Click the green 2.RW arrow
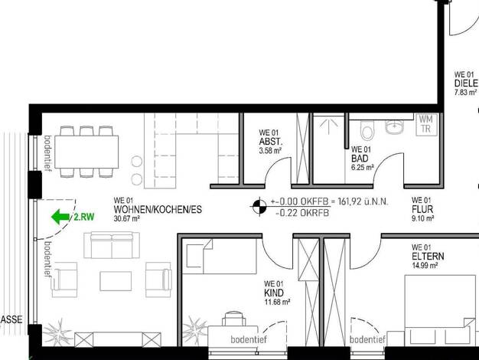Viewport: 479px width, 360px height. click(60, 217)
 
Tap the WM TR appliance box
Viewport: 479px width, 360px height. click(426, 124)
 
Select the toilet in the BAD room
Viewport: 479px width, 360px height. click(367, 130)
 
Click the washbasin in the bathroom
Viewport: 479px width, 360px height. click(394, 126)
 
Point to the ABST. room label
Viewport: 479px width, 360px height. click(271, 142)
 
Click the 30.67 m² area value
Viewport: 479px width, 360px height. click(127, 219)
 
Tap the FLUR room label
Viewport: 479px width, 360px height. click(422, 209)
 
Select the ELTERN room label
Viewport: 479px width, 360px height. click(428, 257)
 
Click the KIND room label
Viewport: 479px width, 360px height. click(274, 293)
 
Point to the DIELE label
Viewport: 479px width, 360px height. click(466, 83)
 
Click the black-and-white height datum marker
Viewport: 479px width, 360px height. click(259, 207)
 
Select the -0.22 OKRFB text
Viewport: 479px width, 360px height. click(302, 213)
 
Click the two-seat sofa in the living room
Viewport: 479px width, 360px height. click(112, 245)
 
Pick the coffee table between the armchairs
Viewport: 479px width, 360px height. click(116, 281)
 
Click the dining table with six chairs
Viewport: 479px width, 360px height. click(86, 152)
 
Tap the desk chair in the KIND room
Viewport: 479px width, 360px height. click(233, 319)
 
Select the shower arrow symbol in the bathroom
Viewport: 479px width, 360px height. click(328, 126)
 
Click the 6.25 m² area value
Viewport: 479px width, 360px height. click(363, 167)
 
